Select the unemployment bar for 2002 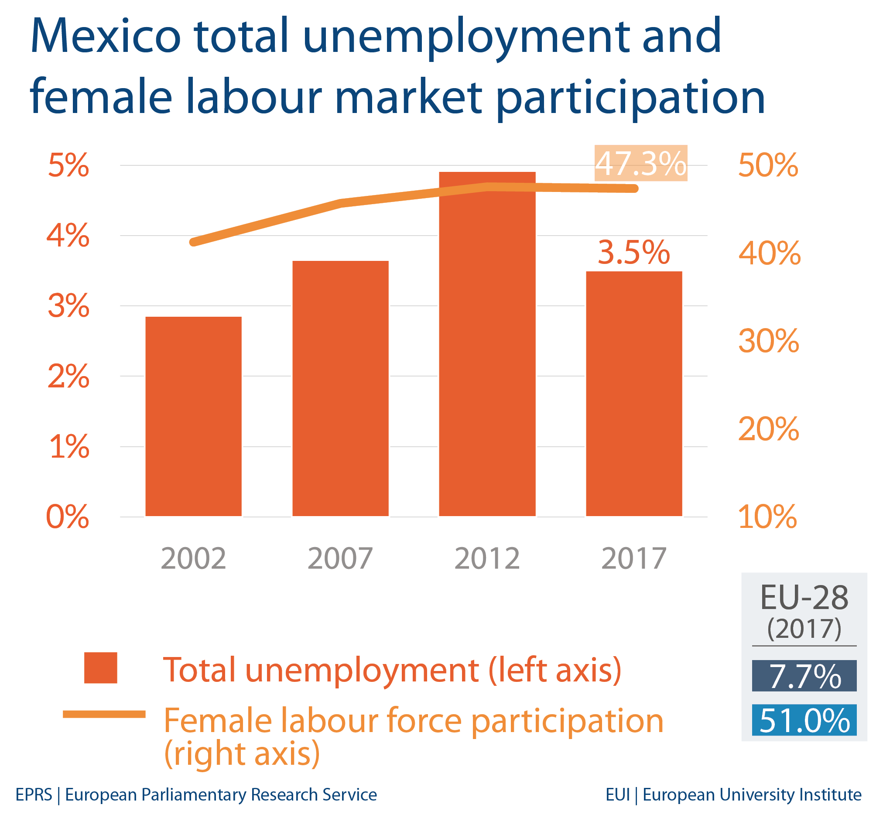pos(193,416)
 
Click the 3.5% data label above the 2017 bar pos(633,252)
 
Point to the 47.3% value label pos(640,163)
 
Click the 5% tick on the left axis pos(68,165)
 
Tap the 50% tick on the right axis pos(768,165)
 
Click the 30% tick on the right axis pos(768,341)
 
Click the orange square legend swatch pos(100,667)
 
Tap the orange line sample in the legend pos(104,714)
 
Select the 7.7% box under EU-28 pos(804,676)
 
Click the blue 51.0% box pos(804,720)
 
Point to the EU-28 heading pos(804,598)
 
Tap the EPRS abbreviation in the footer pos(34,794)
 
